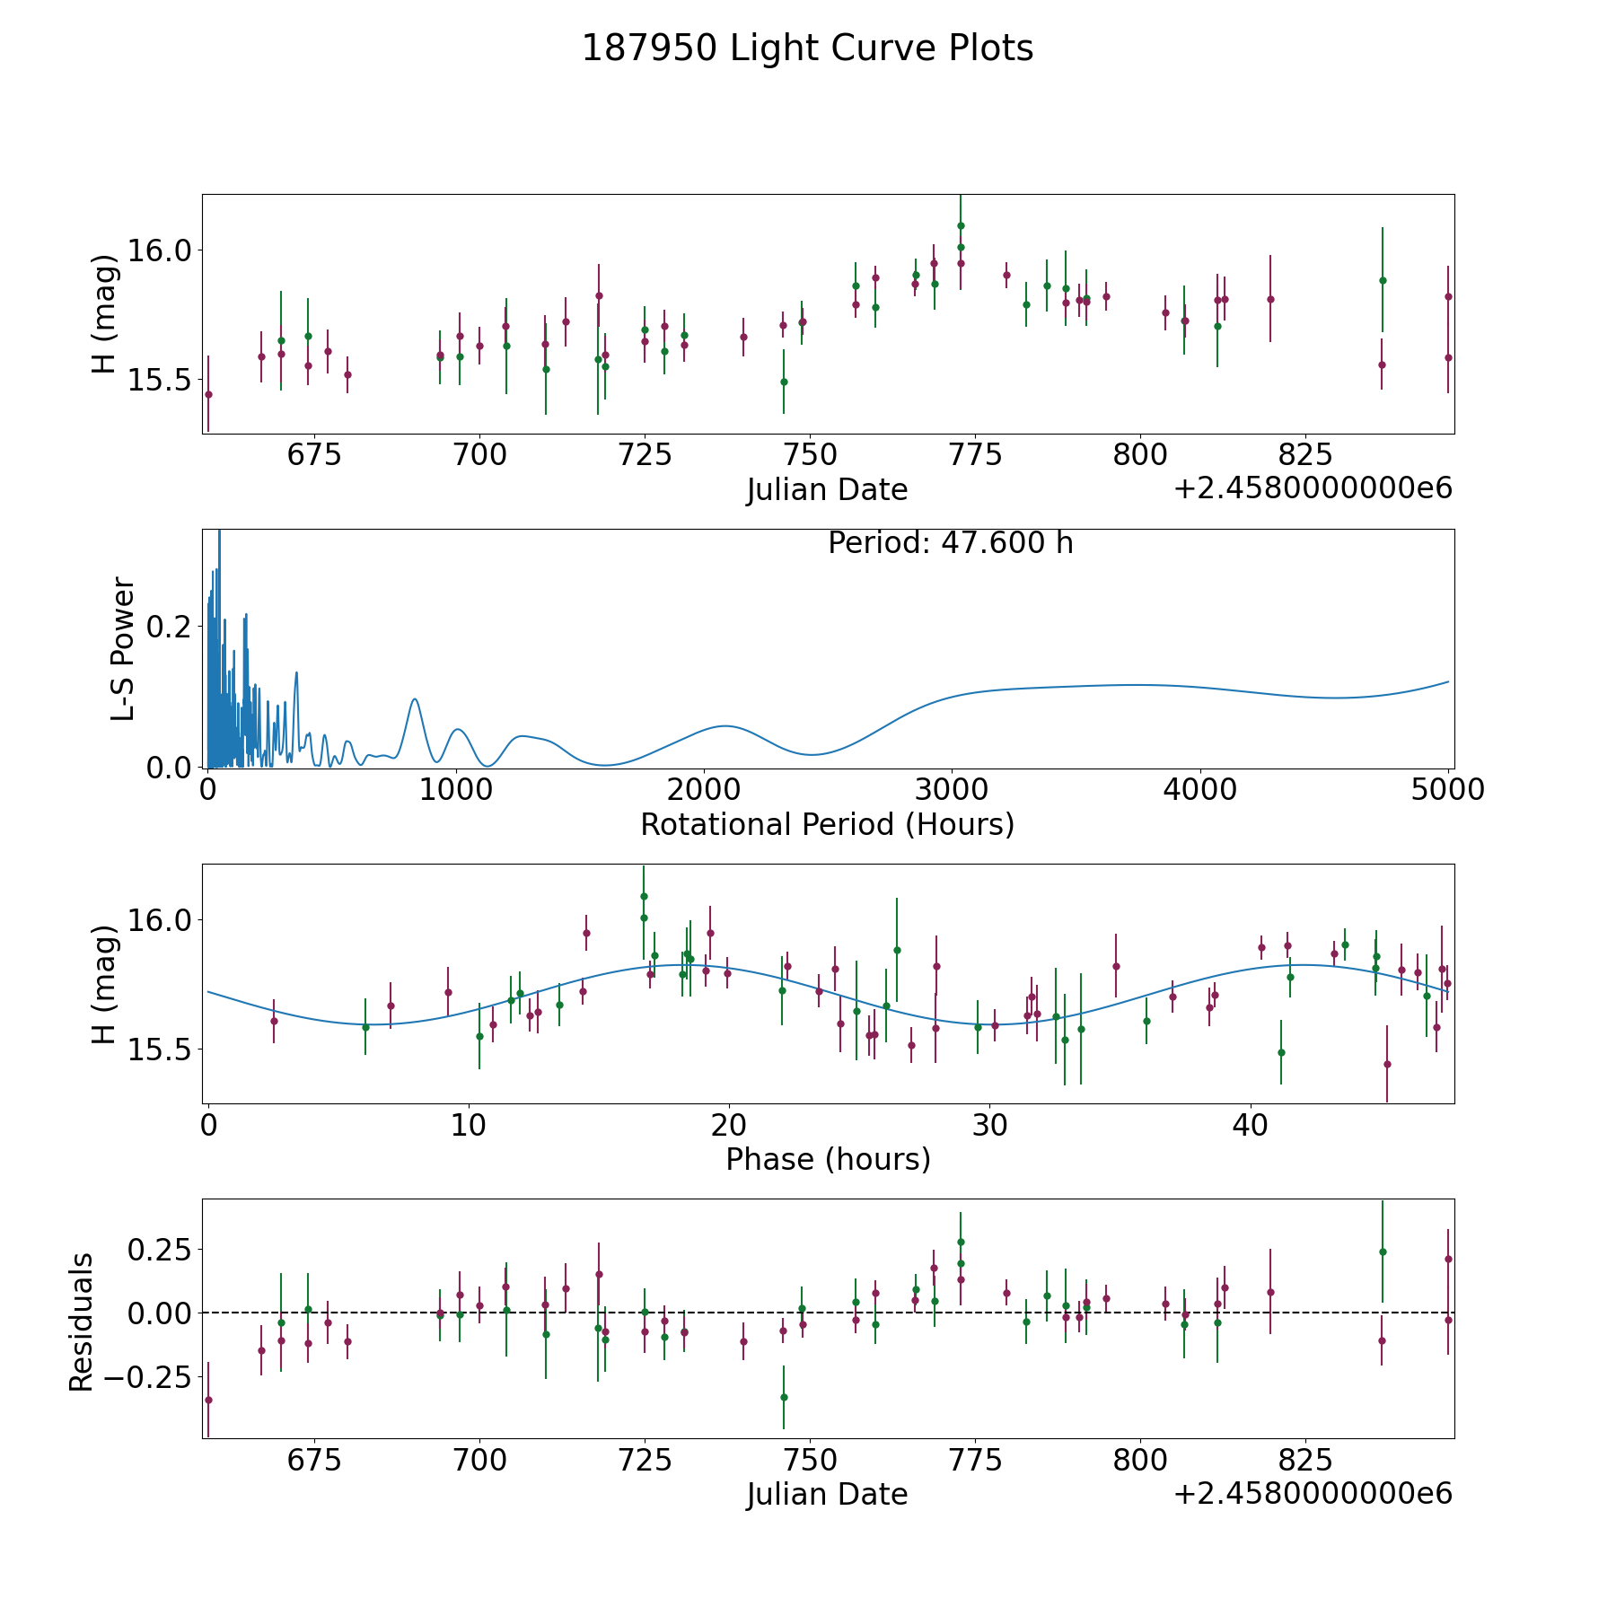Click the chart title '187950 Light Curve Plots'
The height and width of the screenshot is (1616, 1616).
tap(807, 48)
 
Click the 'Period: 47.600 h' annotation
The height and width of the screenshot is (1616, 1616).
tap(950, 543)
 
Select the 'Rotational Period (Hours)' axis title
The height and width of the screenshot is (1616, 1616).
tap(827, 824)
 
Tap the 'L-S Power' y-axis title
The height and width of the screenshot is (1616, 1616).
tap(123, 648)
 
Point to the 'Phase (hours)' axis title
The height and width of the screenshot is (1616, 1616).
tap(828, 1159)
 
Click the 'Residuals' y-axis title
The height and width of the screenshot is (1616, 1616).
tap(82, 1322)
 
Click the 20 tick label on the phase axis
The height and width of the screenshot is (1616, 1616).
tap(729, 1125)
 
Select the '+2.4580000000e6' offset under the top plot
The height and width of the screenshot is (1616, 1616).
tap(1313, 489)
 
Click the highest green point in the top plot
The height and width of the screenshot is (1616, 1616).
tap(961, 225)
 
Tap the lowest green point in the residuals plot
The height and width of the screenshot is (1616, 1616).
tap(784, 1397)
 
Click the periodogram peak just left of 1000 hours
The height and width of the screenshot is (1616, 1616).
tap(414, 699)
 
